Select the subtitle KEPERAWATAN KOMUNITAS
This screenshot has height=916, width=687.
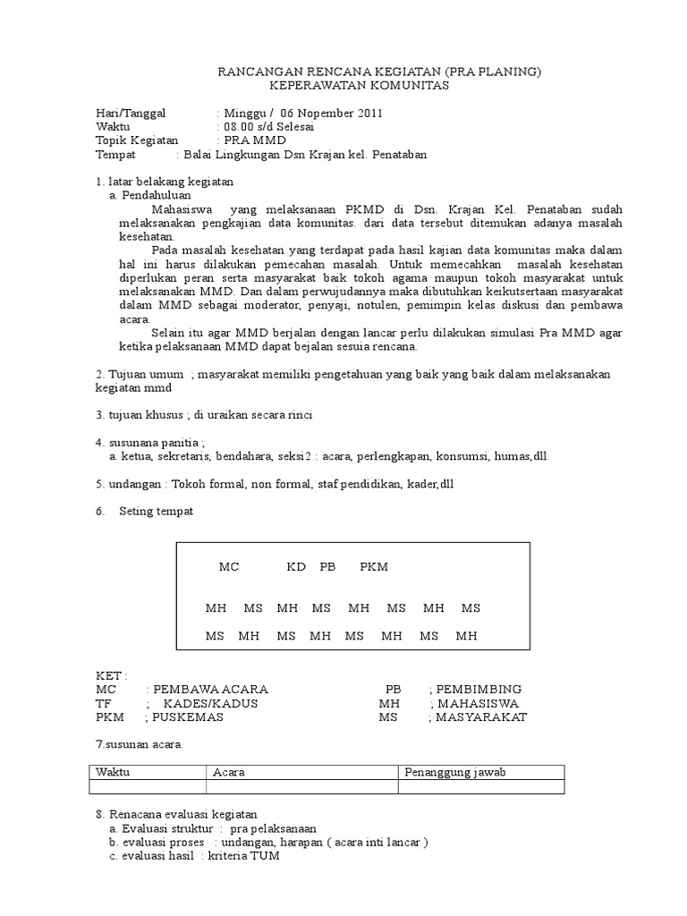[360, 85]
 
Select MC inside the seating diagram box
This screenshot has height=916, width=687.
[229, 567]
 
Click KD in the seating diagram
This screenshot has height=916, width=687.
[296, 567]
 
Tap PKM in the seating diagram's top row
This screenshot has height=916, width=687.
[374, 567]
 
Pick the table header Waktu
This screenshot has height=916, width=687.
[113, 773]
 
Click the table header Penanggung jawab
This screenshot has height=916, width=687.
[455, 773]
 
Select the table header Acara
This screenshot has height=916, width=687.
[229, 773]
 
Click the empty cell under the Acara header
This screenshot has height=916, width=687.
[301, 787]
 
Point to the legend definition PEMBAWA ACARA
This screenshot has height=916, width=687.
[210, 690]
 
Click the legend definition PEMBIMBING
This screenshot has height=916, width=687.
[479, 690]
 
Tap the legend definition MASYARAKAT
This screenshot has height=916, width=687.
[482, 717]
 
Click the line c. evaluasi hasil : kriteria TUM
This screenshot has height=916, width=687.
[194, 855]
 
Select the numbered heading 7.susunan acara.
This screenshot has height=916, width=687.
[139, 744]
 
